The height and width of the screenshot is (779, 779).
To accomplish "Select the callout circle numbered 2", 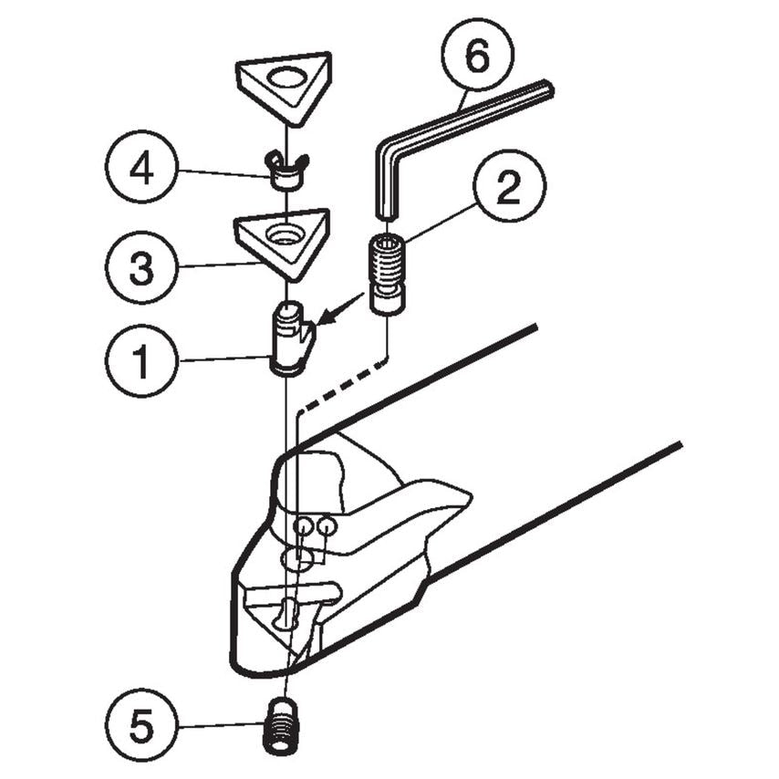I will tap(508, 188).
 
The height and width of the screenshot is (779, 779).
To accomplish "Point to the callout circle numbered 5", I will tap(141, 727).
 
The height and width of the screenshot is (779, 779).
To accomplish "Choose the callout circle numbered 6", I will tap(477, 57).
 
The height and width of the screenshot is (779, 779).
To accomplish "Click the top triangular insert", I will tap(285, 87).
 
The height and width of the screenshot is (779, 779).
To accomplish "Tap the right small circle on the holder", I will tap(327, 526).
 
